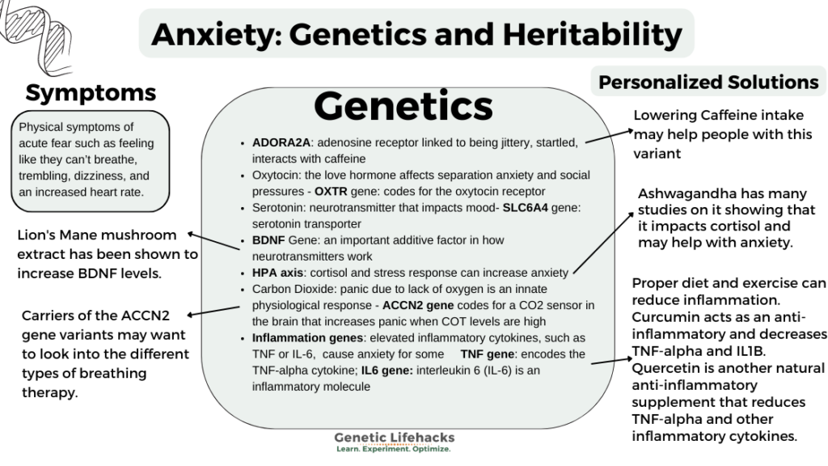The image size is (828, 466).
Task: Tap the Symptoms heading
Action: click(x=91, y=93)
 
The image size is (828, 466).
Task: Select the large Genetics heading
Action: click(x=403, y=106)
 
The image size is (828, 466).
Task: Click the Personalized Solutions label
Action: click(x=708, y=82)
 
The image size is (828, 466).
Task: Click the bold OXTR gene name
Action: click(x=336, y=192)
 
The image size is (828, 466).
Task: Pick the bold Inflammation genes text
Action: click(x=305, y=337)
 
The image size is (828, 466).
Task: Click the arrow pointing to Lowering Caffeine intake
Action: click(x=608, y=134)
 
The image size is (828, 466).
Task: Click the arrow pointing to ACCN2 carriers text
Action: click(x=213, y=310)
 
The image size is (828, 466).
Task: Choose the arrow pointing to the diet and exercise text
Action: click(x=609, y=358)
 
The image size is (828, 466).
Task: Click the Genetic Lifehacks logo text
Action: click(x=395, y=438)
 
